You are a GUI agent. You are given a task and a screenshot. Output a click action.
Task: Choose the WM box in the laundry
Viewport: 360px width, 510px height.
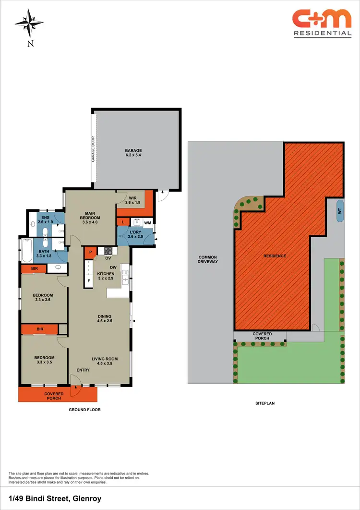148,222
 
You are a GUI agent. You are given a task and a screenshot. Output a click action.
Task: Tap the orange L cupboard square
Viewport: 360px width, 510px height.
124,222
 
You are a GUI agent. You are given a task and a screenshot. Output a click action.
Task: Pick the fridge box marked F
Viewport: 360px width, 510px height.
89,281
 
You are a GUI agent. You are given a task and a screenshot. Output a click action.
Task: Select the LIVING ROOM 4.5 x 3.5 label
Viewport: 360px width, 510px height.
105,361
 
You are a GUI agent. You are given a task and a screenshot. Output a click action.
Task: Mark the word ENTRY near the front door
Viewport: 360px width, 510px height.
83,370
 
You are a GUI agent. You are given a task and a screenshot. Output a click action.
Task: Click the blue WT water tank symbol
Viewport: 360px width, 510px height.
340,210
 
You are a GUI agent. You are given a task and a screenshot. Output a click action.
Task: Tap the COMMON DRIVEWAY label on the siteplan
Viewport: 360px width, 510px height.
208,260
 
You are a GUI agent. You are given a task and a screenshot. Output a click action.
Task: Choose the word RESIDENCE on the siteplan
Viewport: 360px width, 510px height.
275,256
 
